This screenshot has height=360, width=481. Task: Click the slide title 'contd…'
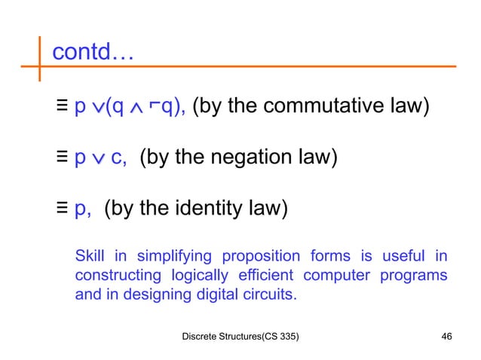tap(92, 53)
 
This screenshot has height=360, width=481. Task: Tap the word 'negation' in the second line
tap(254, 157)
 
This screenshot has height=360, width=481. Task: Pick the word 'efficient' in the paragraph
tap(268, 275)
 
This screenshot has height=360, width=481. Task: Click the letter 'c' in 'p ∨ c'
tap(117, 159)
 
